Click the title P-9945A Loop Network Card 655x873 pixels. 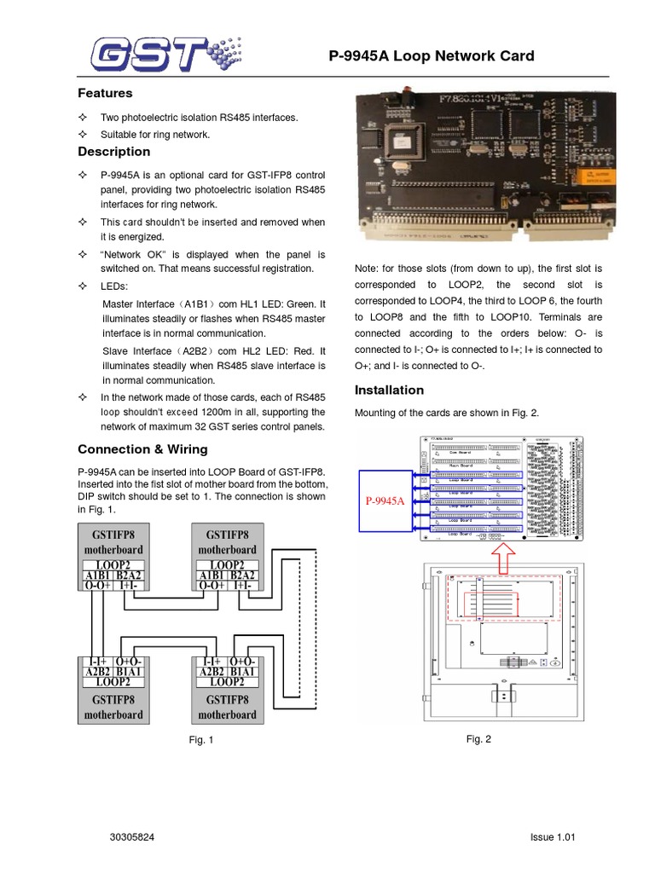point(432,56)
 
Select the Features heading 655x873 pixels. point(105,93)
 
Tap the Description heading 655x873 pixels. point(113,152)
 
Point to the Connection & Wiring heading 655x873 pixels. point(142,449)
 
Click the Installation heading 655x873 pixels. point(389,390)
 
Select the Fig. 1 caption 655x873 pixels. point(201,740)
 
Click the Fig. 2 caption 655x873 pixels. point(478,739)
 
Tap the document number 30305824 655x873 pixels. point(133,837)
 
